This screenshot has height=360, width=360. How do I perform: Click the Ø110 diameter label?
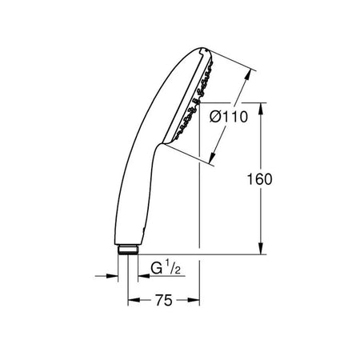[229, 117]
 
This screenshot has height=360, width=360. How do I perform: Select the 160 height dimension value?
[259, 179]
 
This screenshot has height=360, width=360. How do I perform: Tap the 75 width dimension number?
[164, 301]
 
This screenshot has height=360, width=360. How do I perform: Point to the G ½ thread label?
[166, 268]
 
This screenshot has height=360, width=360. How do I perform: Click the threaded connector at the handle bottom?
[127, 250]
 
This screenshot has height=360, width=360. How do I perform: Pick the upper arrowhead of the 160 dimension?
[261, 109]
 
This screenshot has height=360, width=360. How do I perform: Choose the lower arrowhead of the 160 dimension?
[261, 248]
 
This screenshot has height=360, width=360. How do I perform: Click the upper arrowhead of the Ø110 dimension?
[248, 75]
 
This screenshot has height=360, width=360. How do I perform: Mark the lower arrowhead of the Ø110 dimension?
[213, 158]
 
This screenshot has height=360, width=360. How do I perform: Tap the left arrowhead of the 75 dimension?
[134, 301]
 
